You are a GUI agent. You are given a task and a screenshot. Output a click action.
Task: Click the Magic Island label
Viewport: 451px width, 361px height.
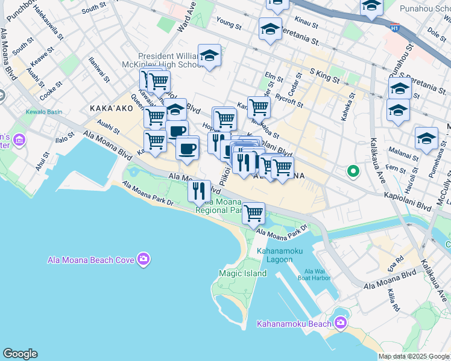click(x=242, y=274)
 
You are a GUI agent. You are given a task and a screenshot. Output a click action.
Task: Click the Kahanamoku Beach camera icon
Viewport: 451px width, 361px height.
click(x=341, y=324)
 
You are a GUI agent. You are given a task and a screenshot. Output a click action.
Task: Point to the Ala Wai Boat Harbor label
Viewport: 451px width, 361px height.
click(x=317, y=274)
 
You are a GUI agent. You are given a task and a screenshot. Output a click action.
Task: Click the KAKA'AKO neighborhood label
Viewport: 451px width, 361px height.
click(x=110, y=109)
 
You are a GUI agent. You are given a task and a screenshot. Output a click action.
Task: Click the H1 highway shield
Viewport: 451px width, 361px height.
click(x=395, y=27)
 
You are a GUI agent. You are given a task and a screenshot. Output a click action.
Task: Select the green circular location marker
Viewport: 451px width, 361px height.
click(x=353, y=172)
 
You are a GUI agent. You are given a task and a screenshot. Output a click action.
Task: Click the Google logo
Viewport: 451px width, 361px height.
click(x=20, y=353)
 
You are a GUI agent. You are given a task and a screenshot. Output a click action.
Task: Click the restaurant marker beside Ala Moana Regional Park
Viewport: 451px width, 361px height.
click(x=199, y=191)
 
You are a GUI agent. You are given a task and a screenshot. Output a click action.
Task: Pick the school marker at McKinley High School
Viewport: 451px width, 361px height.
click(x=209, y=55)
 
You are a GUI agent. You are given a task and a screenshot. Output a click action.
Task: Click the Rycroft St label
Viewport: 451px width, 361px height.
click(x=289, y=102)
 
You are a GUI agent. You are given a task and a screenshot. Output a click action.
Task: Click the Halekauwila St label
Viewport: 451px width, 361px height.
click(x=48, y=19)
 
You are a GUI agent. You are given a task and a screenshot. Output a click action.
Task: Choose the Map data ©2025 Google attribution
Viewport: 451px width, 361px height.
click(x=414, y=356)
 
